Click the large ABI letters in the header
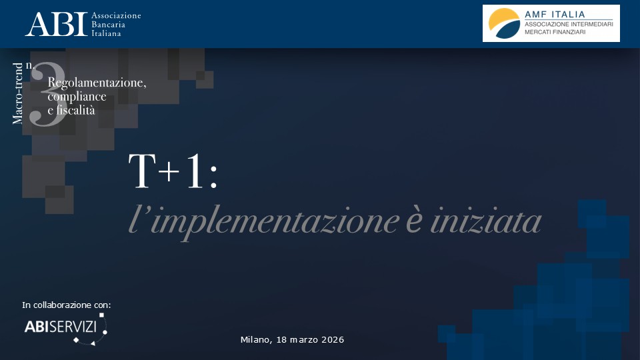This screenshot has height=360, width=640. tap(56, 24)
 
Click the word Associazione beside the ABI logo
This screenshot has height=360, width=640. tap(116, 15)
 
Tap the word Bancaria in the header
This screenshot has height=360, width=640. tap(108, 25)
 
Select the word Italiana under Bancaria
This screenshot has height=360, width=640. tap(106, 33)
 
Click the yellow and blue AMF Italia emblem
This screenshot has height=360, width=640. tap(504, 23)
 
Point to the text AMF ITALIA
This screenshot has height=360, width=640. tap(555, 14)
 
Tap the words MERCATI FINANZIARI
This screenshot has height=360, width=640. tap(555, 32)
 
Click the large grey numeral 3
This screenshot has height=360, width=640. tap(48, 94)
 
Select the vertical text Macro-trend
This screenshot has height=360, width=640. tap(17, 93)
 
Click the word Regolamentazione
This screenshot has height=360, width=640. tap(97, 83)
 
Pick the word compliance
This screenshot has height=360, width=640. tap(77, 97)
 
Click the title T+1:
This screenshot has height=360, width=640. tap(173, 171)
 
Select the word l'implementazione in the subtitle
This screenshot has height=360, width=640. tap(264, 221)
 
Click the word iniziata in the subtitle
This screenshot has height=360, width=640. tap(486, 221)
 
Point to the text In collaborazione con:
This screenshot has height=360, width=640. tap(67, 305)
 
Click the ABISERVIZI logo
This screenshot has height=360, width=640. tap(66, 329)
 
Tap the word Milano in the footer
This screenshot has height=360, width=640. tap(256, 339)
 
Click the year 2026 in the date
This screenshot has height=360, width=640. tap(333, 339)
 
